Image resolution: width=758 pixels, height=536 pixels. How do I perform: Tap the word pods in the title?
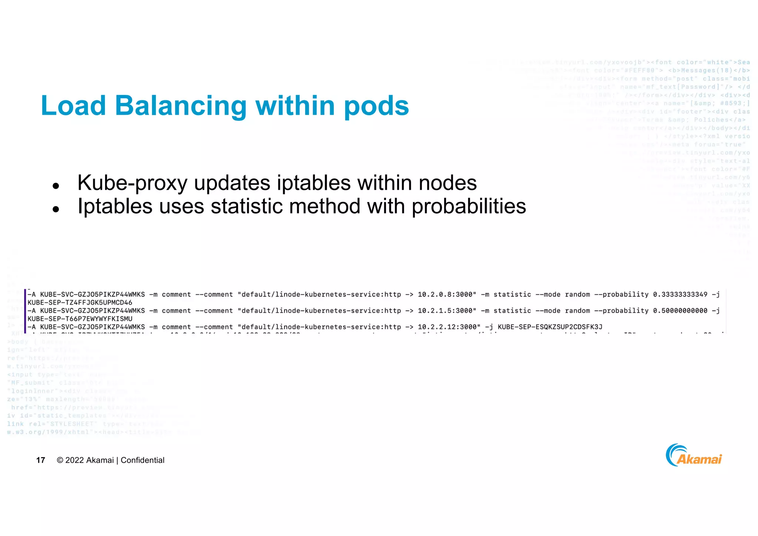point(376,106)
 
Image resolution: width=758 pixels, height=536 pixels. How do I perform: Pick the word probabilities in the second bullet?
point(469,206)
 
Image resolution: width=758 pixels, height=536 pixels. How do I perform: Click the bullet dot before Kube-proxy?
point(56,186)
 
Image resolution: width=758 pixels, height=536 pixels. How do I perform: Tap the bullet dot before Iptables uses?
point(56,209)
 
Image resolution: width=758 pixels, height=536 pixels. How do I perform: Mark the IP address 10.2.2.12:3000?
point(447,327)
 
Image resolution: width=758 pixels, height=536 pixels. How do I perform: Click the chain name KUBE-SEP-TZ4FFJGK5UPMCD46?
point(80,303)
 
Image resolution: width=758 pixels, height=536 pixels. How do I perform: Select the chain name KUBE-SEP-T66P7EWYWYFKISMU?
point(80,319)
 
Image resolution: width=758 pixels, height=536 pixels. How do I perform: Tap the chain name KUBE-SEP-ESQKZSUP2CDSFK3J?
point(550,327)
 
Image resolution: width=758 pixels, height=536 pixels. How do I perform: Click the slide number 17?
point(41,460)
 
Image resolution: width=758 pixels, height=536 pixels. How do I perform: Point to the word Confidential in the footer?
point(142,460)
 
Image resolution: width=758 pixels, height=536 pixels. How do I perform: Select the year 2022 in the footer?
point(74,460)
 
